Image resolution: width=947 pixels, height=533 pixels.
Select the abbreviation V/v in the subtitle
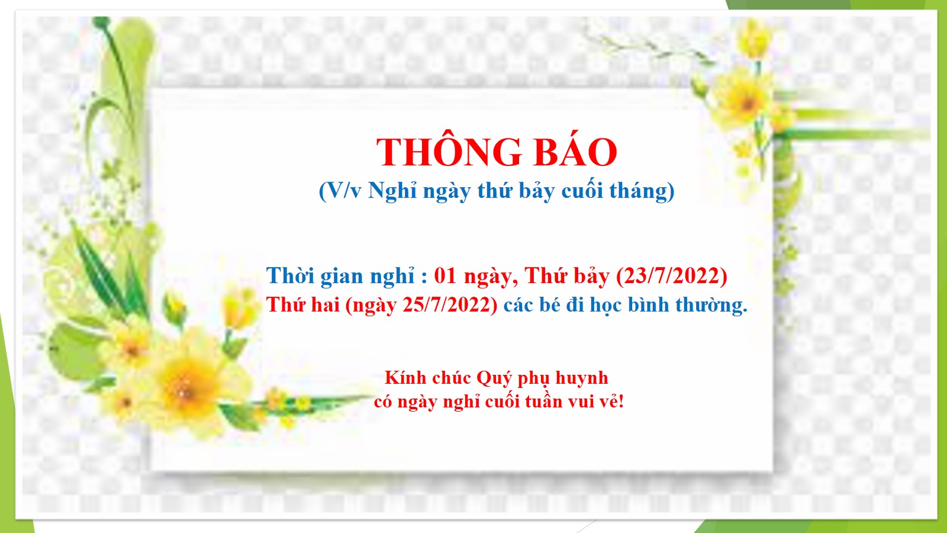coord(341,191)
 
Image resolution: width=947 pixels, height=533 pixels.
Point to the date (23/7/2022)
coord(672,276)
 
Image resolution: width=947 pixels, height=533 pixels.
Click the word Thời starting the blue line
coord(291,276)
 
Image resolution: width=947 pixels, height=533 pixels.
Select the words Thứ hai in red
coord(302,304)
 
